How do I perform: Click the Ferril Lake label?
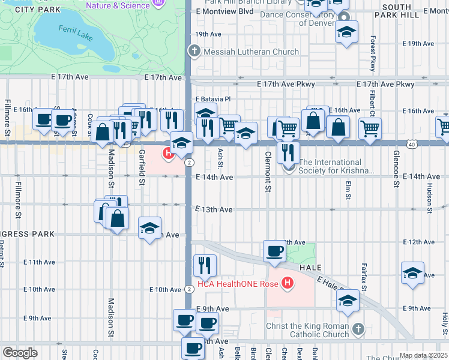click(x=76, y=32)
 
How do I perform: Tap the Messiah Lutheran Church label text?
click(x=250, y=52)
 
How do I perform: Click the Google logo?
click(x=20, y=353)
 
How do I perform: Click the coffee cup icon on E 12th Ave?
click(x=275, y=251)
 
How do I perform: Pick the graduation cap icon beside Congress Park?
click(x=149, y=228)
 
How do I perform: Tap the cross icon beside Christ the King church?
click(x=358, y=329)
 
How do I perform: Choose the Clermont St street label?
click(x=267, y=172)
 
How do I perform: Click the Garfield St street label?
click(x=142, y=167)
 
